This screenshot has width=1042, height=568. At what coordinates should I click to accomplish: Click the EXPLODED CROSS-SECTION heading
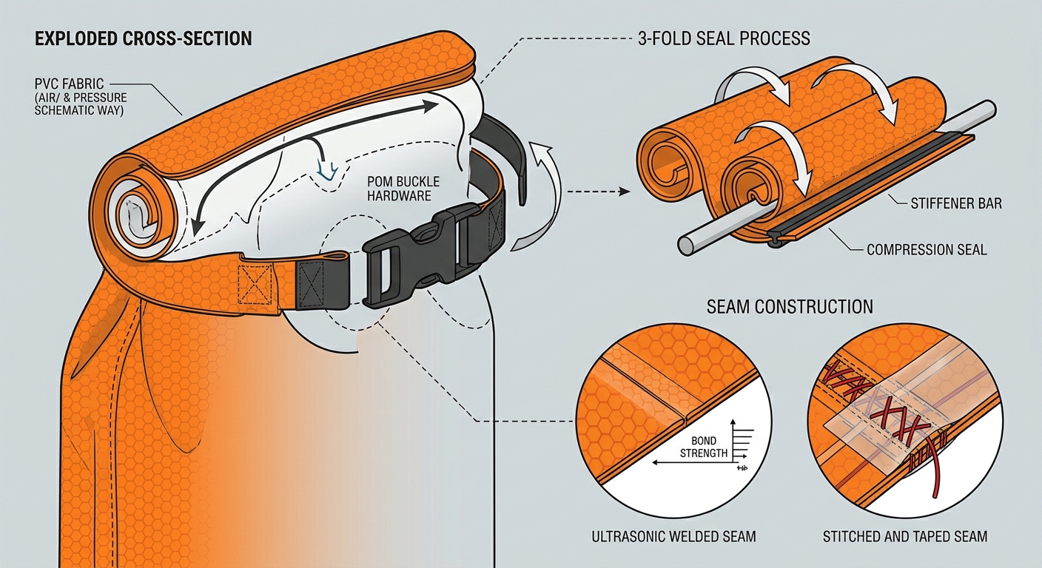click(144, 38)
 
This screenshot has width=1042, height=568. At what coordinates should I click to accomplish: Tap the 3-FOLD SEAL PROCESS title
click(724, 38)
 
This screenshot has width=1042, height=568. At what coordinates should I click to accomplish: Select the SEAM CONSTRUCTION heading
click(790, 307)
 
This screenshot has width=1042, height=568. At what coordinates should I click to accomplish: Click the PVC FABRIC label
click(70, 84)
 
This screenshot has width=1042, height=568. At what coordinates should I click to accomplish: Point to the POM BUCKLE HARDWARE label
click(403, 189)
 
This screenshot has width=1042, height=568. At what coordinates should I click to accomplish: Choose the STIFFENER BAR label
click(956, 203)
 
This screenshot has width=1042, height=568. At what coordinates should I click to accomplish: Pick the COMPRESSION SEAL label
click(927, 250)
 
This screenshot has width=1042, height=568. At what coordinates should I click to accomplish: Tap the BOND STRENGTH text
click(704, 447)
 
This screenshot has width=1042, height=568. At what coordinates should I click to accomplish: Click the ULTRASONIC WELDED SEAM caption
click(673, 537)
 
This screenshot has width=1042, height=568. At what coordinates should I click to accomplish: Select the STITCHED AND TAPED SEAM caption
click(905, 537)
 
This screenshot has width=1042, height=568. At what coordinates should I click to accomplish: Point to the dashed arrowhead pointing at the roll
click(625, 192)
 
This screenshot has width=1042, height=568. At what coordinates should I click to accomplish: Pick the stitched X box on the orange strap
click(255, 285)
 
